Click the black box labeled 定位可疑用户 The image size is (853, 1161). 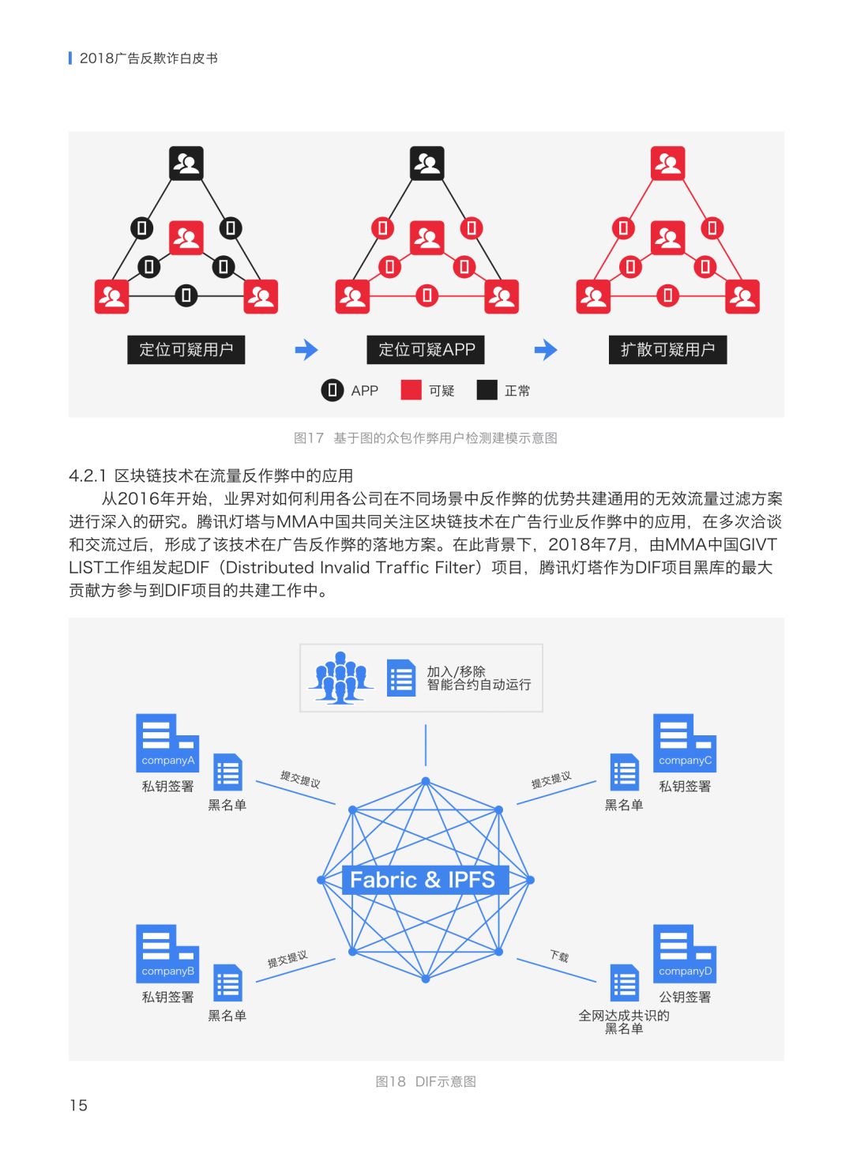point(186,350)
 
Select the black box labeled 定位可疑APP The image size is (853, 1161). point(426,350)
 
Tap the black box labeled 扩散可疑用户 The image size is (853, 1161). point(667,350)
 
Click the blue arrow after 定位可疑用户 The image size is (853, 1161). point(306,350)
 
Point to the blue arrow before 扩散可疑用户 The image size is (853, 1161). point(546,350)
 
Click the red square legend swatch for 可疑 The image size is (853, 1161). point(411,390)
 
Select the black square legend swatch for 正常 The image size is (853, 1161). point(487,390)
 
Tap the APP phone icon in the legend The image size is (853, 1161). point(333,390)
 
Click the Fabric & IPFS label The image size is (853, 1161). point(423,880)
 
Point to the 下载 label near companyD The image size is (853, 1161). point(559,956)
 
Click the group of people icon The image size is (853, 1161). point(340,678)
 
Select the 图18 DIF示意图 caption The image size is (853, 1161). point(426,1082)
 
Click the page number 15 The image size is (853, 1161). point(78,1106)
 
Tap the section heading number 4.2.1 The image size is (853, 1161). point(87,476)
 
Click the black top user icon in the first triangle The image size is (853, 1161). point(186,163)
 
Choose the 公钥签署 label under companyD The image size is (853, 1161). point(685,997)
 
